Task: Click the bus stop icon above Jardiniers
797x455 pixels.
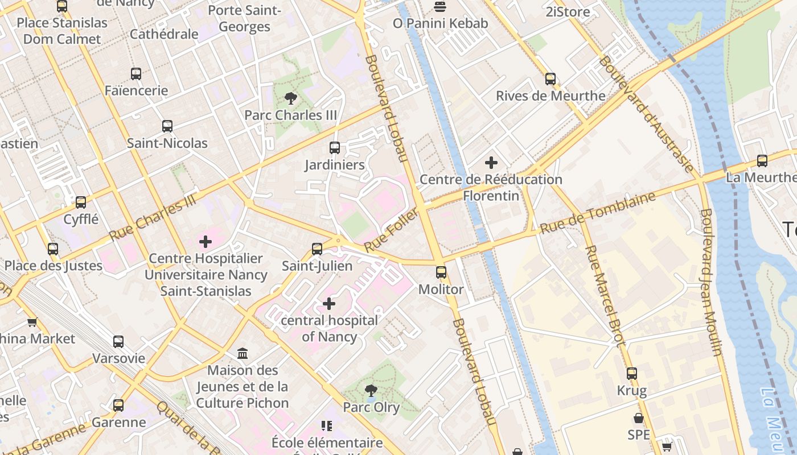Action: point(335,148)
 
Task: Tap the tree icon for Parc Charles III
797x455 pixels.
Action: point(291,98)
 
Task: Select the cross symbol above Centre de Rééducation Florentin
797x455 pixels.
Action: point(491,163)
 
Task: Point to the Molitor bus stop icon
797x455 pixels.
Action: point(441,272)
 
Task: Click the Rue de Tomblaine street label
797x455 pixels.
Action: point(597,213)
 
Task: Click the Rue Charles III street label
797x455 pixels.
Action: point(152,217)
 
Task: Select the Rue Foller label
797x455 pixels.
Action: point(391,230)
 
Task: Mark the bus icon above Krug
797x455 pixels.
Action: point(632,374)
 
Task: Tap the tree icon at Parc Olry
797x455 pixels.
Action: point(371,391)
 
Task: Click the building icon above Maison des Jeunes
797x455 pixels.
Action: point(243,354)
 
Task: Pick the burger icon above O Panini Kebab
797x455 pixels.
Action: point(440,7)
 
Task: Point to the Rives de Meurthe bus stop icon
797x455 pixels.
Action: point(550,79)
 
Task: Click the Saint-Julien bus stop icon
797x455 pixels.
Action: point(317,249)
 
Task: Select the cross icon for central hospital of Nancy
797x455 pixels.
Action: point(329,304)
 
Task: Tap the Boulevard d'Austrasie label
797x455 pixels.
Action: point(647,114)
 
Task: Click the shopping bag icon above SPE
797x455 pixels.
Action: point(639,418)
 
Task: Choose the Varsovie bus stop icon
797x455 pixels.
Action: point(118,342)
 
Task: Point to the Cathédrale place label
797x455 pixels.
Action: point(164,34)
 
